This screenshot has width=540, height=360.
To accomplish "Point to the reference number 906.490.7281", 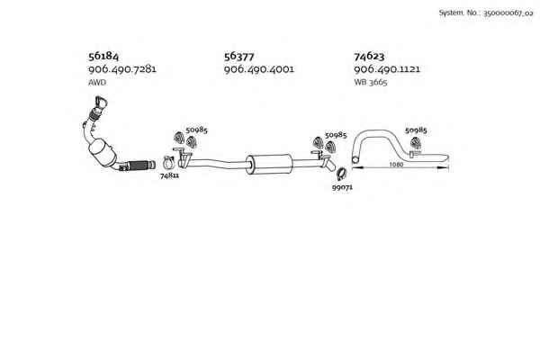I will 122,69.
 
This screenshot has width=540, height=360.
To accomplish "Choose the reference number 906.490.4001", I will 258,69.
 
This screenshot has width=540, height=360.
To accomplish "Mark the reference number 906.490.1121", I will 388,69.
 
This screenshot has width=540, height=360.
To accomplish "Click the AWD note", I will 97,83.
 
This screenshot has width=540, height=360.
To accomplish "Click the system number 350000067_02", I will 487,13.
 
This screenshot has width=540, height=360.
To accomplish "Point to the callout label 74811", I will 169,176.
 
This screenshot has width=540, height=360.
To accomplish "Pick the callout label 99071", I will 342,188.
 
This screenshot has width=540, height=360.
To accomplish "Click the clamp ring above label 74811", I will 168,163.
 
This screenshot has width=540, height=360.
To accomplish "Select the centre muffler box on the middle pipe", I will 271,164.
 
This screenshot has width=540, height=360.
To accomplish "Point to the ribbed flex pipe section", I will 139,165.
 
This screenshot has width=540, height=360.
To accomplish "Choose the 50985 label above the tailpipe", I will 416,130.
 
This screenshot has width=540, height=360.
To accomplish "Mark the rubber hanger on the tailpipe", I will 414,144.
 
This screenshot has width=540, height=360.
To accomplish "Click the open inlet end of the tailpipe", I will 355,162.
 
